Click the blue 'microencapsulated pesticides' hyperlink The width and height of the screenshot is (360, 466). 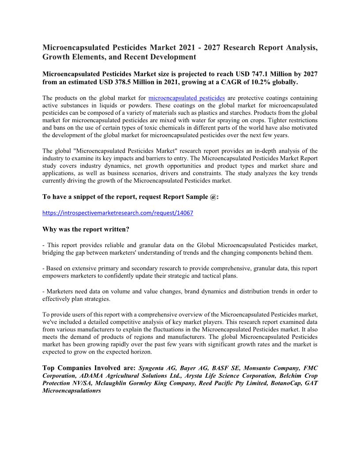(x=187, y=98)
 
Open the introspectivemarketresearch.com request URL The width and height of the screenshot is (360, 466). (x=118, y=213)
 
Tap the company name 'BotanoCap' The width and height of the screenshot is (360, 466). (x=285, y=383)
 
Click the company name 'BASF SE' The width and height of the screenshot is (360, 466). (x=225, y=368)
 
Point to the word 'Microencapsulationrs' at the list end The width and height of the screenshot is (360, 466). (x=71, y=391)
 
